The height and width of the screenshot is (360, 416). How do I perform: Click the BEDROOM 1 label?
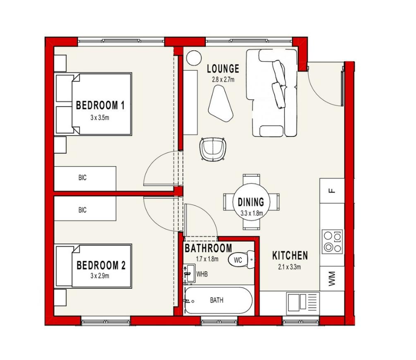coord(100,105)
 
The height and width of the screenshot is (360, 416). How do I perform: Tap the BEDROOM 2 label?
coord(101,265)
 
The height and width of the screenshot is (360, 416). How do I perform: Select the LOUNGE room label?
coord(223,69)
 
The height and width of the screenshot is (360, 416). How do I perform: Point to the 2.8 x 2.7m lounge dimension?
coord(223,80)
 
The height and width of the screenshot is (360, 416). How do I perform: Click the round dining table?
coord(251,202)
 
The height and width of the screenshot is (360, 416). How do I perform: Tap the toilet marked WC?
coord(241,260)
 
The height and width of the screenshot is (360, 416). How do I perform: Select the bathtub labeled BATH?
coord(218,300)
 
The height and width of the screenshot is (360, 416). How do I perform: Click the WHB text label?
coord(202,274)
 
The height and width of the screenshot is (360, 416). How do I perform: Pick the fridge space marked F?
coord(332,191)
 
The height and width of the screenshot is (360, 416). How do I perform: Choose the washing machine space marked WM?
coord(332,279)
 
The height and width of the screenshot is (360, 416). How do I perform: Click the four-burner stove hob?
coord(333,241)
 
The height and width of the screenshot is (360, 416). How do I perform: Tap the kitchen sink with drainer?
coord(303,302)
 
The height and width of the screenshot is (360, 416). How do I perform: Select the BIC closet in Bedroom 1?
coord(85,178)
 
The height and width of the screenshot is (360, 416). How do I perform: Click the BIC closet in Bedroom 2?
coord(85,208)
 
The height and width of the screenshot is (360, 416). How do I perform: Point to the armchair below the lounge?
coord(213,149)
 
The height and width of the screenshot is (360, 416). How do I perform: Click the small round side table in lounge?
coord(194,58)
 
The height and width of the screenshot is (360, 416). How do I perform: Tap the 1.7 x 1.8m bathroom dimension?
coord(207,259)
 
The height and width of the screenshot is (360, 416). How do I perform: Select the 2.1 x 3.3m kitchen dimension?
coord(289,267)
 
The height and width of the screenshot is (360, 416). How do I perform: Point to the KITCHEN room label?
coord(290,256)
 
